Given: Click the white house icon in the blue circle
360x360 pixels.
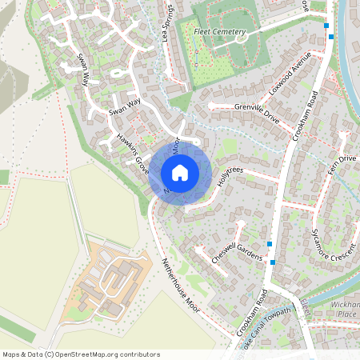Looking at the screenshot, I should tap(179, 172).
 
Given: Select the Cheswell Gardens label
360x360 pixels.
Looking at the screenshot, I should tap(237, 250).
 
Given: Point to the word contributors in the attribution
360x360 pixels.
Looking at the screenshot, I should tap(138, 354).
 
